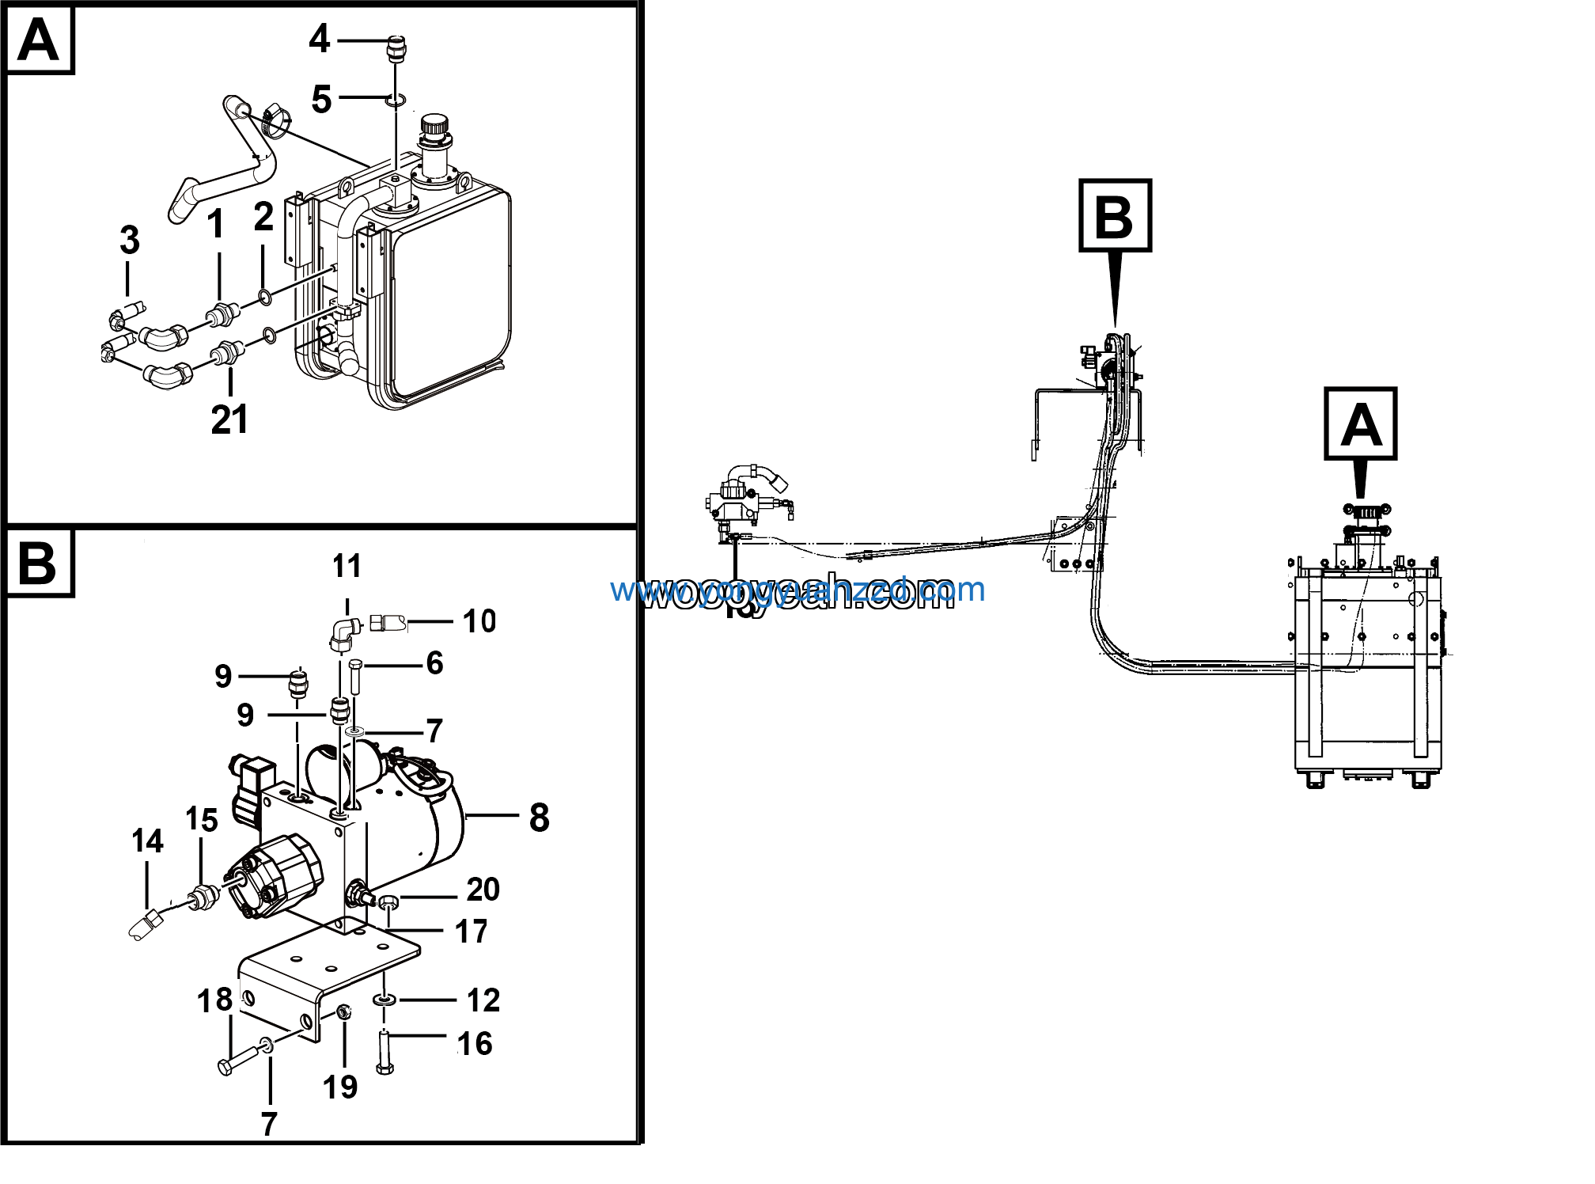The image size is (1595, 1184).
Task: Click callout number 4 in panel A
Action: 319,38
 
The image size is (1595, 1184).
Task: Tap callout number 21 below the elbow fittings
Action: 229,419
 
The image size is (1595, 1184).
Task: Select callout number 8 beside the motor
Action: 539,818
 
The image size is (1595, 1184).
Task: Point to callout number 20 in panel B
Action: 483,890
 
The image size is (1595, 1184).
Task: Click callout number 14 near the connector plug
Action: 147,841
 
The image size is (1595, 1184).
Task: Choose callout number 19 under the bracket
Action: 340,1087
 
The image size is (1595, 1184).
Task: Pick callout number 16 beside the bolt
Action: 475,1044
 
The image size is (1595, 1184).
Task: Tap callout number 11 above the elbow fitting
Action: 347,566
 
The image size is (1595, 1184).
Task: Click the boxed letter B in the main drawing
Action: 1115,215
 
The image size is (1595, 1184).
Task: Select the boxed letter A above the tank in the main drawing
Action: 1360,423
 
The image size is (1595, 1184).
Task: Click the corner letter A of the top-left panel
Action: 38,40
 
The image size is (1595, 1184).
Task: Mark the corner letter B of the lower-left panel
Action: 38,562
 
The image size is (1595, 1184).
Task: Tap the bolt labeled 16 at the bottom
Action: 385,1053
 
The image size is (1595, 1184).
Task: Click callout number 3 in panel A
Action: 130,240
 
